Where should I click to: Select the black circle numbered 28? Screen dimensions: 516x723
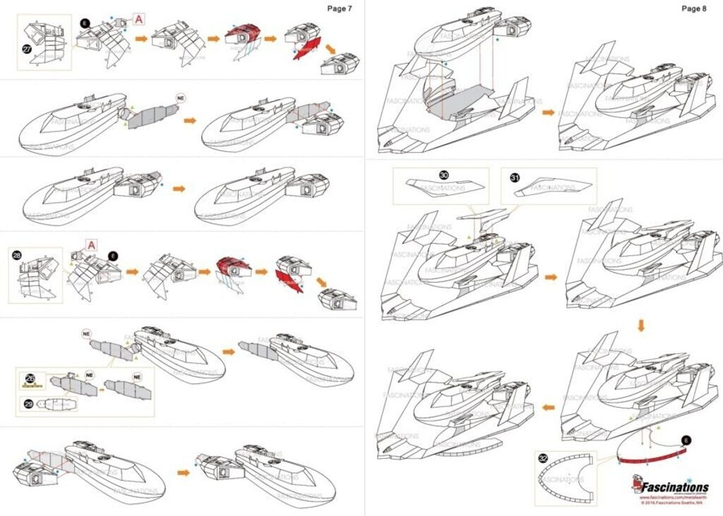(x=17, y=252)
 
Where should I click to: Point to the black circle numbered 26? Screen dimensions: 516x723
(x=29, y=377)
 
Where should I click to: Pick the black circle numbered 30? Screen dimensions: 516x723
(x=443, y=175)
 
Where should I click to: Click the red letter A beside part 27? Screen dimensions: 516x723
(x=138, y=19)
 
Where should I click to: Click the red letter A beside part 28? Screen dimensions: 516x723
(x=90, y=245)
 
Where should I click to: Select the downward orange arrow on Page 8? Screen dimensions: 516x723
(x=641, y=326)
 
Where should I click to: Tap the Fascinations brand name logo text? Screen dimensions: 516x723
(x=676, y=487)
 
